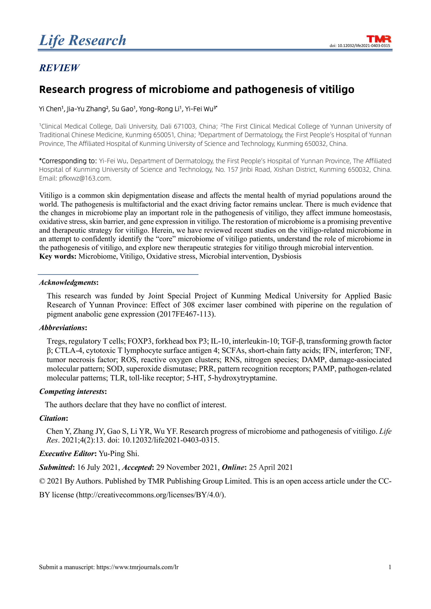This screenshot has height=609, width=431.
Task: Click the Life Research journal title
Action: click(83, 40)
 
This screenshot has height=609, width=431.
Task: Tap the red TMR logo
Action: click(379, 39)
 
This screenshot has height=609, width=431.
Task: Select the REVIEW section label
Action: click(59, 68)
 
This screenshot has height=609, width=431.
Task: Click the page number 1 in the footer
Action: click(390, 567)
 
